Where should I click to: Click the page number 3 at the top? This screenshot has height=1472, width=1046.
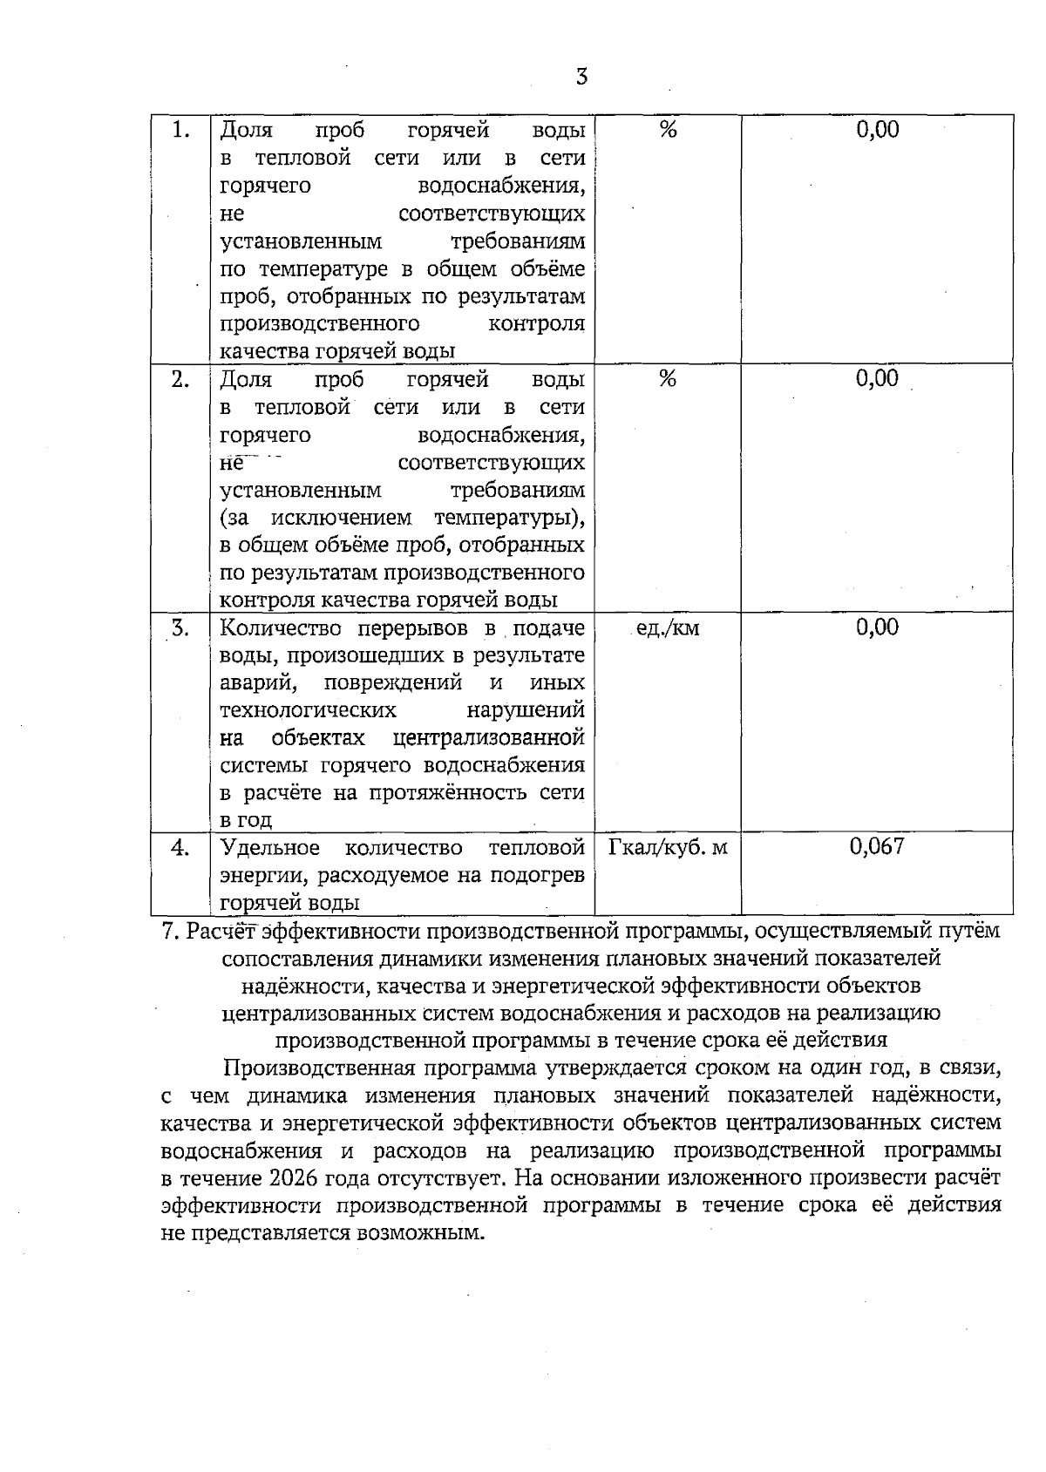(x=581, y=77)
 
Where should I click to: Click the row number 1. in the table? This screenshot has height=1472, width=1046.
(x=180, y=131)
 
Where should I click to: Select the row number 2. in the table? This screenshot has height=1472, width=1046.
(x=180, y=379)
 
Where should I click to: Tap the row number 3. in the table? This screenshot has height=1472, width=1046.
(x=180, y=627)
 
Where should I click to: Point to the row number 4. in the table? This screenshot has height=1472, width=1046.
(x=180, y=847)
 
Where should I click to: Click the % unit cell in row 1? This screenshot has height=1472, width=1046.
(x=669, y=131)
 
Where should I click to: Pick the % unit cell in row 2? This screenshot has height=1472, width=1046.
(x=669, y=379)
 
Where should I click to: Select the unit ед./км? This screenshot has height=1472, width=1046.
(x=668, y=628)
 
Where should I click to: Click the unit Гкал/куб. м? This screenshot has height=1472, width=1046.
(x=668, y=847)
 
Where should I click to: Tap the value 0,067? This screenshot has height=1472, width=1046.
(x=877, y=846)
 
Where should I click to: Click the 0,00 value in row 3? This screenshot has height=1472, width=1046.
(x=877, y=627)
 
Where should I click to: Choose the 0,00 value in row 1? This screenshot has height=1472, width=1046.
(x=877, y=131)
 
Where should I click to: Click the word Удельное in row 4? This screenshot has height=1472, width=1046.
(x=269, y=848)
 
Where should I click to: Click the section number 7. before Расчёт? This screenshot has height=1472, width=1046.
(x=171, y=931)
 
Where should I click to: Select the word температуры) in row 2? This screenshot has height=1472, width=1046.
(x=509, y=519)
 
